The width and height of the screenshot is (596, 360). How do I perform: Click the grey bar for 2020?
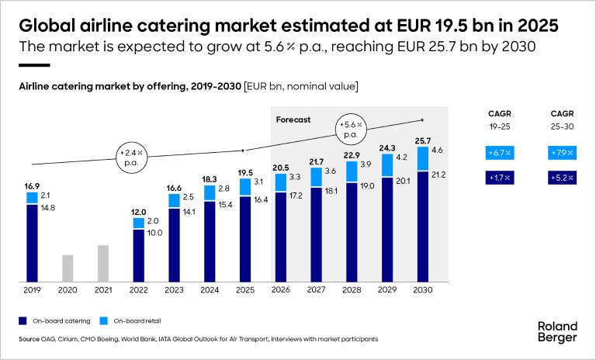tap(68, 268)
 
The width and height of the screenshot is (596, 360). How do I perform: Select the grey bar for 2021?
tap(103, 263)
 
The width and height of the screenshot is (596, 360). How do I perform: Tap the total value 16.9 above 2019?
tap(32, 186)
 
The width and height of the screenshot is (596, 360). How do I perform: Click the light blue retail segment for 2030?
tap(424, 158)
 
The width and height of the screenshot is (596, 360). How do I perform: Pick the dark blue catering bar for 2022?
tap(139, 254)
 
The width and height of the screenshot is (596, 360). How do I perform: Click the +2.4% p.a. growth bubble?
tap(131, 152)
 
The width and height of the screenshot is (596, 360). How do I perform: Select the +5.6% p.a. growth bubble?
tap(352, 128)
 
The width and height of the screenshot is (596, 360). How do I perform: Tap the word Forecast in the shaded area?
tap(293, 120)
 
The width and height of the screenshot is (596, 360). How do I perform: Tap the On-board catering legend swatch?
tap(24, 320)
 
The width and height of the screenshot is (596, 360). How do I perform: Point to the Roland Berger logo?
tap(558, 332)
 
